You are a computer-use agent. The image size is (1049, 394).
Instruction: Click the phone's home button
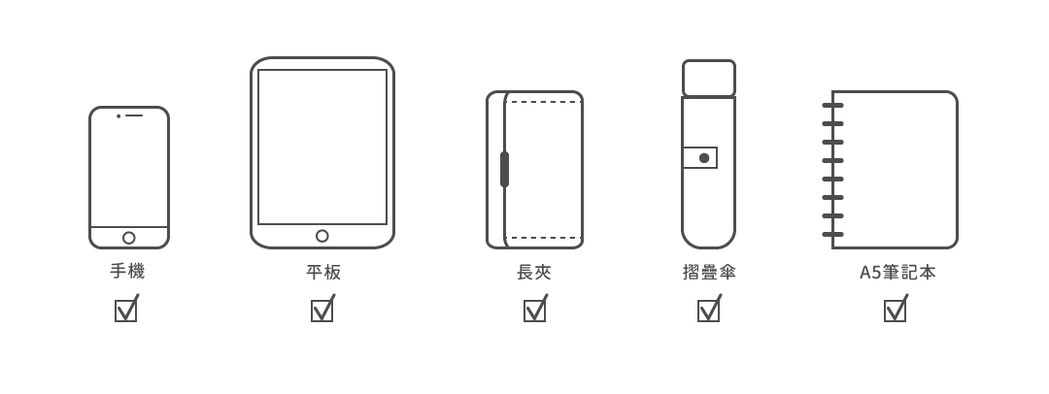coord(129,238)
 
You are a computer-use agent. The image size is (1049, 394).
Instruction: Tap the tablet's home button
coord(322,236)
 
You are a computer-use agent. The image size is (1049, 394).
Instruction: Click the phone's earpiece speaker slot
coord(134,115)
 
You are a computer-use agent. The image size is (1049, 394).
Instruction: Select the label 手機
coord(127,272)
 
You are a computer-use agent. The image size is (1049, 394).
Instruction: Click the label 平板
coord(322,273)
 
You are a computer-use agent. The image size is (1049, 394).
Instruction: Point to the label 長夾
coord(534,273)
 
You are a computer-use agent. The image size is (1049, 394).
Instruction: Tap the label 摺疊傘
coord(709,273)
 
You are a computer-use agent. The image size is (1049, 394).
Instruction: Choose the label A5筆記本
coord(897,273)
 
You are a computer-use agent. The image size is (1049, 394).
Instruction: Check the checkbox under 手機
coord(126,311)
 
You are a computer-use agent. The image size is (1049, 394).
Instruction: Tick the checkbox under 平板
coord(322,311)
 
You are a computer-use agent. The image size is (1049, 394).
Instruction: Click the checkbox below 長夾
coord(534,311)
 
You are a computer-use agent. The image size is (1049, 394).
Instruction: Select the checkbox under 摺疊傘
coord(709,311)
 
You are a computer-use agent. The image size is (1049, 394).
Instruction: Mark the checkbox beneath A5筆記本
coord(895,311)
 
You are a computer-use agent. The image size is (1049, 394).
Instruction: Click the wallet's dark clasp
coord(504,169)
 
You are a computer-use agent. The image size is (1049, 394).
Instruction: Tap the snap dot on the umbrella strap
coord(704,158)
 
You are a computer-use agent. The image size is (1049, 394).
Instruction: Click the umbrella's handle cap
coord(709,78)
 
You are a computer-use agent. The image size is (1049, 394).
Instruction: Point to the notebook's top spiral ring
coord(832,105)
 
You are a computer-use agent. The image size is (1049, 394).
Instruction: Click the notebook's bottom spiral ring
coord(832,234)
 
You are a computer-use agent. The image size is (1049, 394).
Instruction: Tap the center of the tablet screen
coord(322,147)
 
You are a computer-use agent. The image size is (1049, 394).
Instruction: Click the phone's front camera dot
coord(118,115)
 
